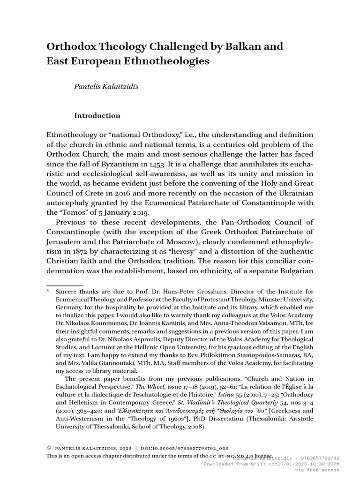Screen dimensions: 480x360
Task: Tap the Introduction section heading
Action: click(x=97, y=115)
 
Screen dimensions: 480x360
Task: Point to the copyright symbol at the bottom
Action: click(x=48, y=448)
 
